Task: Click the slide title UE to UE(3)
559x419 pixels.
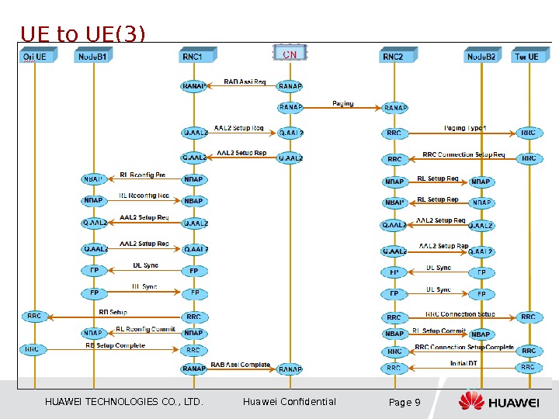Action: pyautogui.click(x=82, y=35)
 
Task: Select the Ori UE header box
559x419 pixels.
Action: pyautogui.click(x=34, y=57)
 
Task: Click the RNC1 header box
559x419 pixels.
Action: pyautogui.click(x=193, y=57)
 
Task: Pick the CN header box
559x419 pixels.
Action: pyautogui.click(x=290, y=54)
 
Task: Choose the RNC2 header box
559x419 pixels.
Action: pyautogui.click(x=394, y=57)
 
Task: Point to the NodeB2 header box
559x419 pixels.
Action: pyautogui.click(x=481, y=57)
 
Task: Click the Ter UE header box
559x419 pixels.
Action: pyautogui.click(x=527, y=57)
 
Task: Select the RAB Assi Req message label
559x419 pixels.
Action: pyautogui.click(x=245, y=81)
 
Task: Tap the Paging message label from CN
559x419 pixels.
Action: pyautogui.click(x=342, y=103)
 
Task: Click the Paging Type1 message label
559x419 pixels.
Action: pyautogui.click(x=465, y=128)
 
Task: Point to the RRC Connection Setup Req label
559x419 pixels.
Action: pyautogui.click(x=464, y=154)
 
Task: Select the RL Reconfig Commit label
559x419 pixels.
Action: pyautogui.click(x=146, y=329)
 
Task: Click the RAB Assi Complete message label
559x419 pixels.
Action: pyautogui.click(x=241, y=365)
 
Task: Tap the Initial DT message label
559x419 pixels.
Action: pyautogui.click(x=464, y=363)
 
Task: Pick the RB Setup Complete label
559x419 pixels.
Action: pyautogui.click(x=115, y=345)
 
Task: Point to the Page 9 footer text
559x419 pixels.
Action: pyautogui.click(x=404, y=402)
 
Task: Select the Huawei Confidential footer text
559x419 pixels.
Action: pyautogui.click(x=290, y=402)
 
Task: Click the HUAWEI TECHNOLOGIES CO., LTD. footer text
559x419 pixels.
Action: pyautogui.click(x=124, y=402)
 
